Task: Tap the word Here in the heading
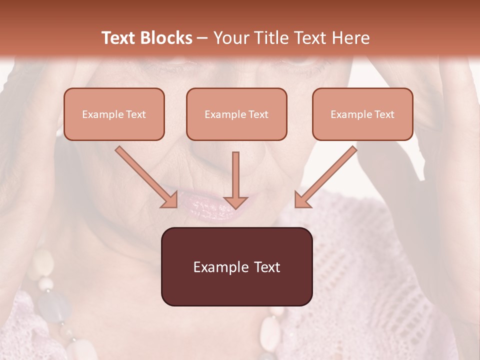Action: point(350,38)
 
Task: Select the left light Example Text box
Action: point(114,114)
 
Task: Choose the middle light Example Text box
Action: point(236,114)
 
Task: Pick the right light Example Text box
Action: point(362,114)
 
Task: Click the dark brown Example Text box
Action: point(236,267)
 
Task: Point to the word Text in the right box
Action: point(384,114)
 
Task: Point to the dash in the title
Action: point(203,38)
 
